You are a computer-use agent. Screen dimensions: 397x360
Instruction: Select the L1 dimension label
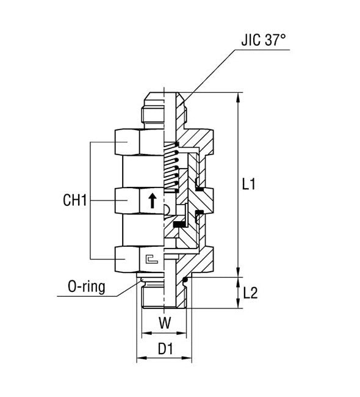click(x=250, y=184)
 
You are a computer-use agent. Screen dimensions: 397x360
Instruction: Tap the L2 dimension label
click(x=251, y=293)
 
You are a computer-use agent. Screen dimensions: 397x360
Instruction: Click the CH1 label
click(x=76, y=200)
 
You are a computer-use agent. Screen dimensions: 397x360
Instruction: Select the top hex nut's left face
click(x=128, y=143)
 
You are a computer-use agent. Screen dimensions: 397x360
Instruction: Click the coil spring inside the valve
click(x=173, y=168)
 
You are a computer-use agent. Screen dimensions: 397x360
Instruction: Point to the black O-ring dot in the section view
click(x=185, y=281)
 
